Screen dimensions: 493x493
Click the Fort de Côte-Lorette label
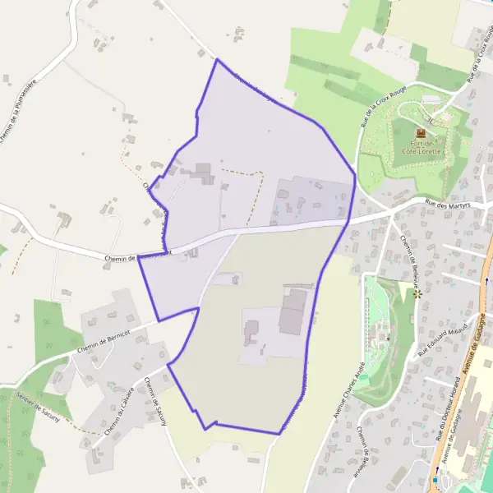[422, 147]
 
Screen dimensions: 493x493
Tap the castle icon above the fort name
[422, 133]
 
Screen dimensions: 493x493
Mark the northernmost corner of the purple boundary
[216, 59]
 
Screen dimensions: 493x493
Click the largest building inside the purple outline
[293, 312]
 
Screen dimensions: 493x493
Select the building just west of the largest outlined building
[251, 333]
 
